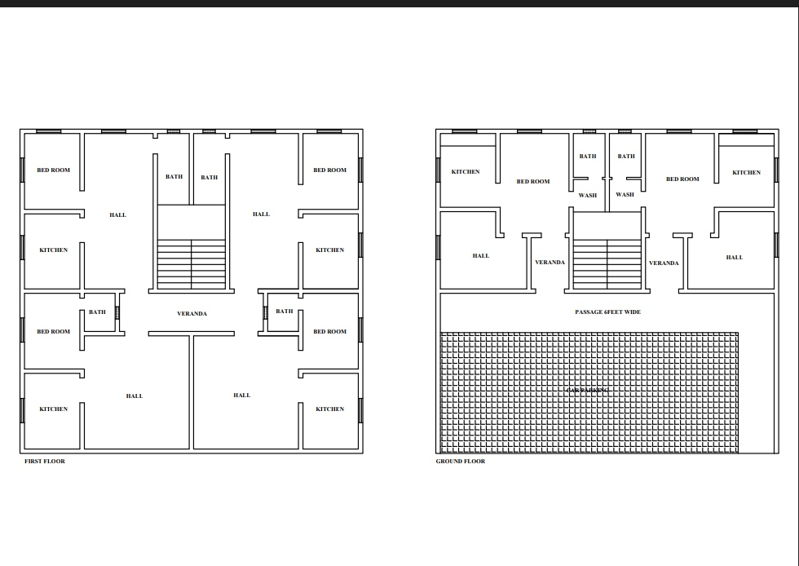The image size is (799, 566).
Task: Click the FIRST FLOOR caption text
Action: click(45, 462)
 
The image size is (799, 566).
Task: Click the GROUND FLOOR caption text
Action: click(461, 462)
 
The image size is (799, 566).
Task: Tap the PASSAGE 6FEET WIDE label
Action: click(607, 312)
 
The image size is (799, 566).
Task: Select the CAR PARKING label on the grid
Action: click(587, 391)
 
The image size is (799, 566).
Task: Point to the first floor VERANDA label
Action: click(192, 314)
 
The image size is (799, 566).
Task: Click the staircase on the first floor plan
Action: click(192, 263)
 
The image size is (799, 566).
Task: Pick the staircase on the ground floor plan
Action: click(607, 263)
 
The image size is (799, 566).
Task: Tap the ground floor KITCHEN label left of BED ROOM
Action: click(466, 172)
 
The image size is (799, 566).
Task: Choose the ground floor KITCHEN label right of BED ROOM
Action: click(746, 173)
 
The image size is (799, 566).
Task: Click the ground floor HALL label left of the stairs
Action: click(481, 256)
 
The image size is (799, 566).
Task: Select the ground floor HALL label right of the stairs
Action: click(735, 258)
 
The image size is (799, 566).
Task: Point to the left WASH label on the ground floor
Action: click(588, 196)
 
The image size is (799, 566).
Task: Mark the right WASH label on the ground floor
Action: click(625, 195)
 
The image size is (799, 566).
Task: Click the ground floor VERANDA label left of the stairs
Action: click(550, 263)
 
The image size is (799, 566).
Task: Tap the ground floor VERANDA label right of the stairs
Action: click(664, 263)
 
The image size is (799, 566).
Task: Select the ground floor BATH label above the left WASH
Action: click(588, 157)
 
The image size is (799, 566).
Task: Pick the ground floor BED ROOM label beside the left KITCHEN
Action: click(533, 182)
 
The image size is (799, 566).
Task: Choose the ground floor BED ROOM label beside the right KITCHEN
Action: click(682, 179)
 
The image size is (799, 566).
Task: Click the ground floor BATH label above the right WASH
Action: click(626, 157)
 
